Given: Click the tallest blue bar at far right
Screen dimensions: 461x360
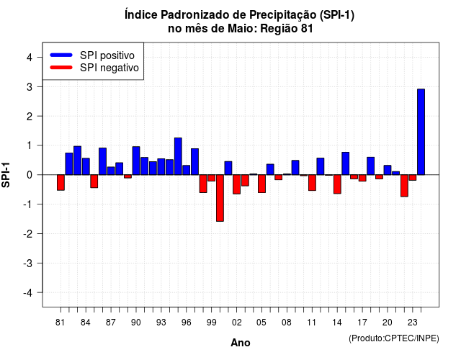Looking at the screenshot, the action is (x=421, y=132).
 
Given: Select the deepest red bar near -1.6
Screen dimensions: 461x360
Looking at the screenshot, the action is (x=220, y=198).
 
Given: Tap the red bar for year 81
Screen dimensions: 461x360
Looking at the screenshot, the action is (x=61, y=182).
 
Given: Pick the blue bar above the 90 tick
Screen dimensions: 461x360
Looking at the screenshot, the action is (x=136, y=161).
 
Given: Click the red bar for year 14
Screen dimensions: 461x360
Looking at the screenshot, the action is (x=337, y=184).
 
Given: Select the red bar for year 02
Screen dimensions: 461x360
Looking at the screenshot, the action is (x=236, y=184).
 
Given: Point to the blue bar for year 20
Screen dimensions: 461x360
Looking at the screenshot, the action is (x=388, y=170).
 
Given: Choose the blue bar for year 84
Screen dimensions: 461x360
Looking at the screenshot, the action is (x=86, y=166).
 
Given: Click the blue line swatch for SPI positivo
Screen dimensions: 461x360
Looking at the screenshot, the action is (x=61, y=55).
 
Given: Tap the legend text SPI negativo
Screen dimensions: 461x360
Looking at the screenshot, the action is (x=109, y=68).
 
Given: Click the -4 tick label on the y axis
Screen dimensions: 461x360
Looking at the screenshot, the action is (x=28, y=293).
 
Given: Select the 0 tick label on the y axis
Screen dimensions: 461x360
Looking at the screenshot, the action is (x=30, y=175).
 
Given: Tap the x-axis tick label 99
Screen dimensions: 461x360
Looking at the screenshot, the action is (x=211, y=323).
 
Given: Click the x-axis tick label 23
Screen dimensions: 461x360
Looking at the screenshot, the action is (x=412, y=323).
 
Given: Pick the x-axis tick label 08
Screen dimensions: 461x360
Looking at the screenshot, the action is (x=287, y=323).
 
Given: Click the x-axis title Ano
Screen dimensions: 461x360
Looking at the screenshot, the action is (x=241, y=343).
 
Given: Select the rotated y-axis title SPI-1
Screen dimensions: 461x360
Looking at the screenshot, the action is (x=6, y=175).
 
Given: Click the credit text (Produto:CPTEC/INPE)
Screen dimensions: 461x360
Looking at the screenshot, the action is (x=394, y=338).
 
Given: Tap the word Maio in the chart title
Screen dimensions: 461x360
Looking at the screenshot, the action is (x=242, y=29).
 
